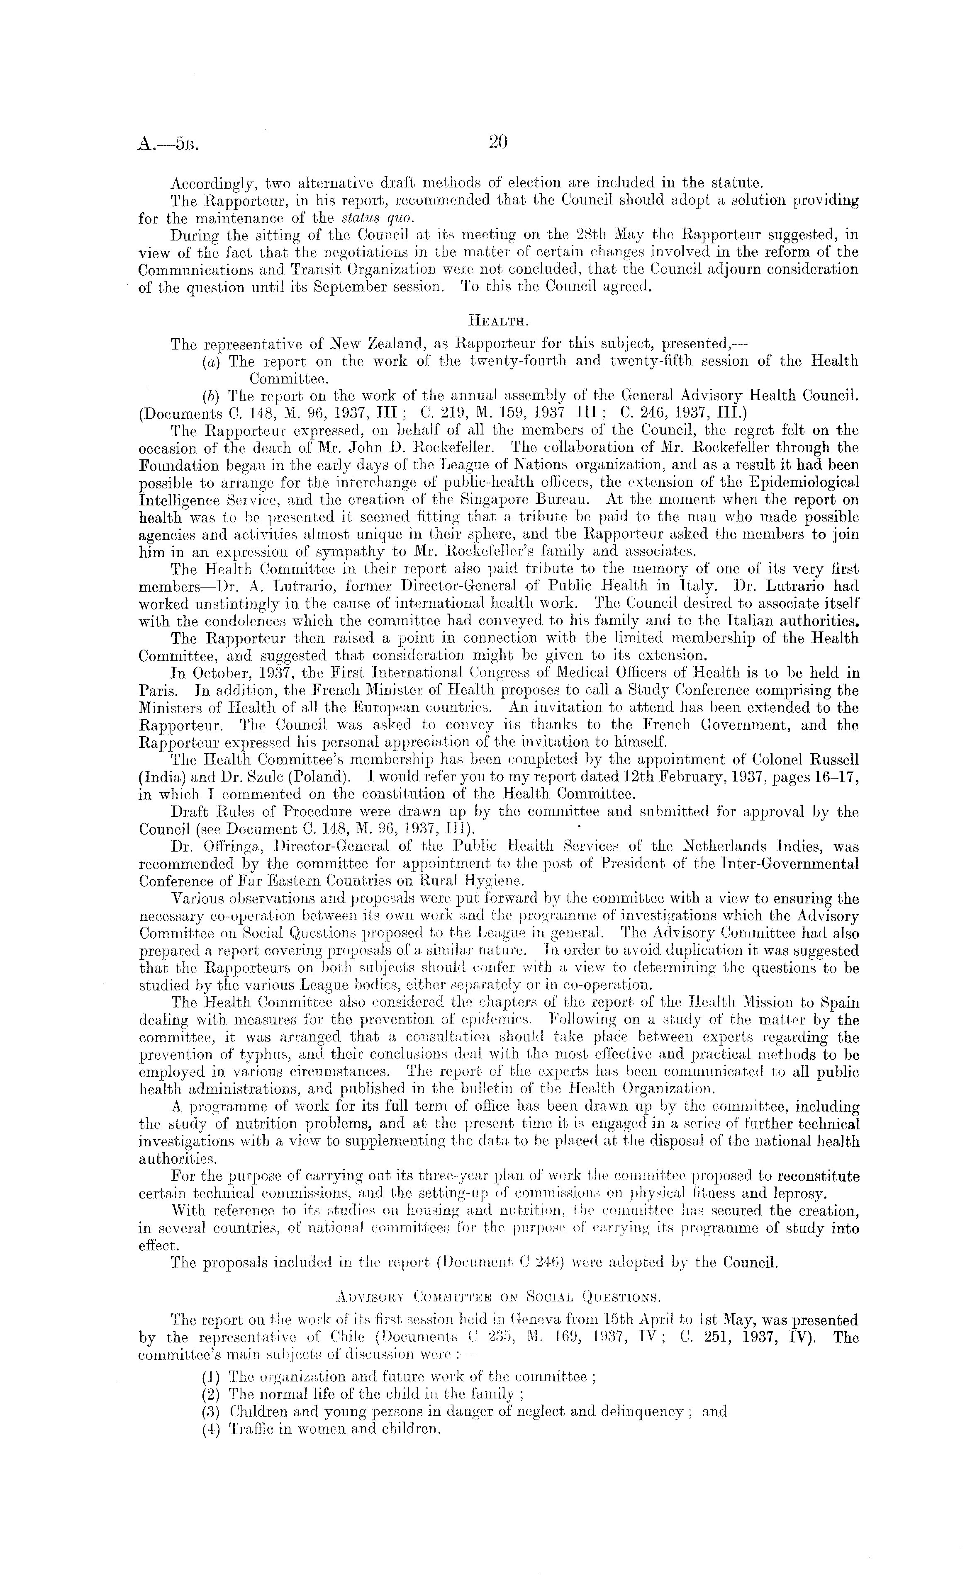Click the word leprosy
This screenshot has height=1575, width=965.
[828, 1194]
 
